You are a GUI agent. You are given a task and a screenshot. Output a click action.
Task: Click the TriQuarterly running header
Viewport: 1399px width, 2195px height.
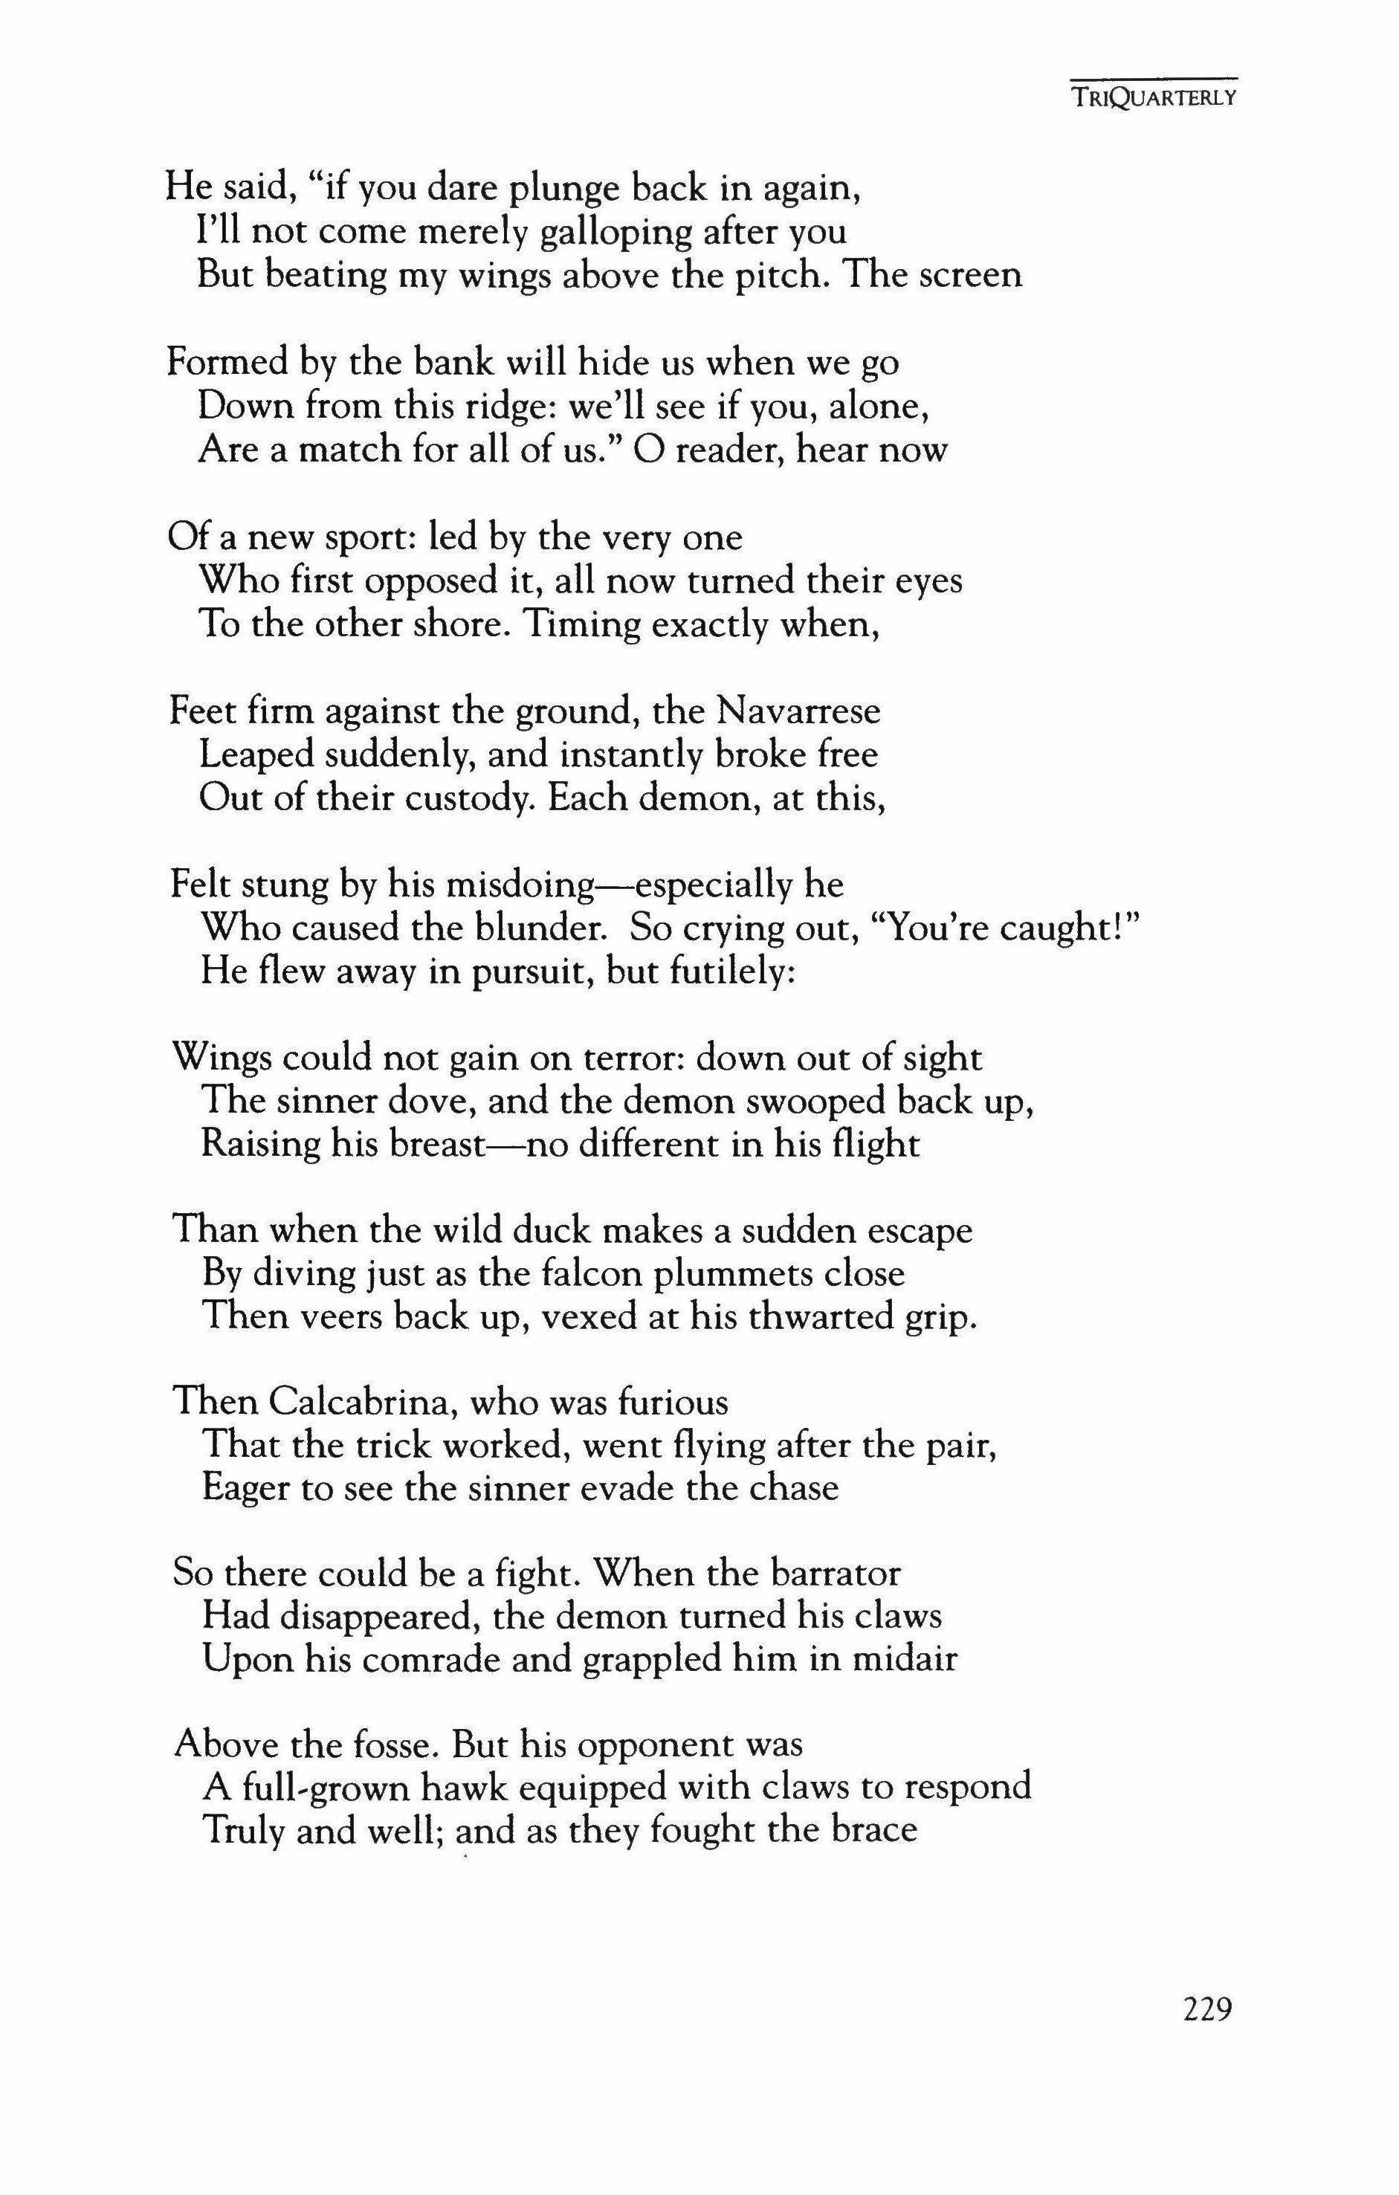coord(1153,97)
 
